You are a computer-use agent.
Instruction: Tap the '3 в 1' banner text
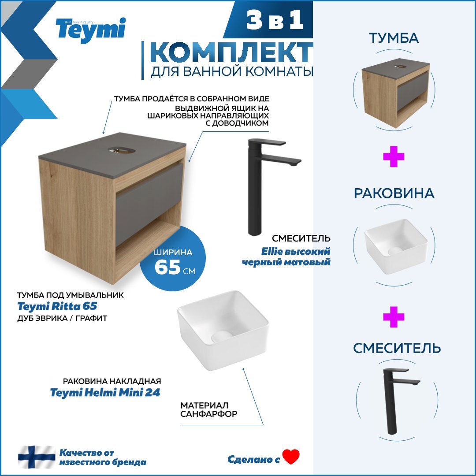tap(275, 21)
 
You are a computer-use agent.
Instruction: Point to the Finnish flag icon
tap(37, 457)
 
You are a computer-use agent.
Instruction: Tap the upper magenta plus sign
tap(394, 157)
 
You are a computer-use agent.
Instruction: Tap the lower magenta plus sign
tap(394, 317)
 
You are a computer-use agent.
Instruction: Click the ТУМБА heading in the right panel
tap(394, 38)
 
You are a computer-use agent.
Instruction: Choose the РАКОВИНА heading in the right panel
tap(394, 193)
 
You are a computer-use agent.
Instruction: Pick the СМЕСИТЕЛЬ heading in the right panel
tap(397, 348)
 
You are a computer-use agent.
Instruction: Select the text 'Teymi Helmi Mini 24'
tap(105, 393)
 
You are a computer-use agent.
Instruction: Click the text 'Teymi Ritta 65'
tap(57, 306)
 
